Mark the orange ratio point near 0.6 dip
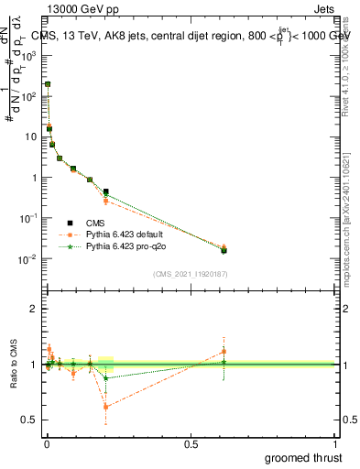[106, 407]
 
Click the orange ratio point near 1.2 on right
[224, 351]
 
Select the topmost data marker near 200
[47, 84]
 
